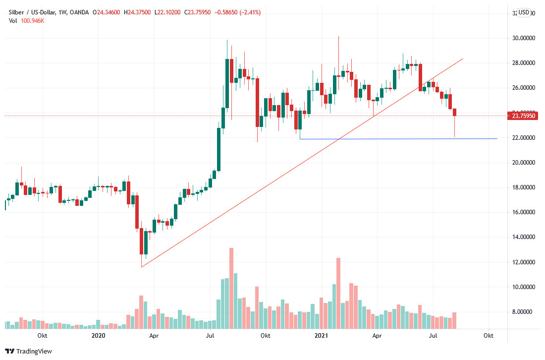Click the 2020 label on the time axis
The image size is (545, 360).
[99, 336]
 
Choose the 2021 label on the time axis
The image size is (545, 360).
[322, 336]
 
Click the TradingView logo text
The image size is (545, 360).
[34, 352]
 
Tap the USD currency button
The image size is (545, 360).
[524, 12]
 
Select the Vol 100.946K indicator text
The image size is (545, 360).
[27, 20]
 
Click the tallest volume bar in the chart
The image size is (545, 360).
[231, 288]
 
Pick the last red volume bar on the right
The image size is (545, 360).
[454, 320]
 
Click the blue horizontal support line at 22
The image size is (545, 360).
[396, 138]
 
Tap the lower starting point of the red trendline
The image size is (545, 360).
[142, 267]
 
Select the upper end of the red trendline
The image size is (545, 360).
[462, 59]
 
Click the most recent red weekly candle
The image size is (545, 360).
[454, 113]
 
